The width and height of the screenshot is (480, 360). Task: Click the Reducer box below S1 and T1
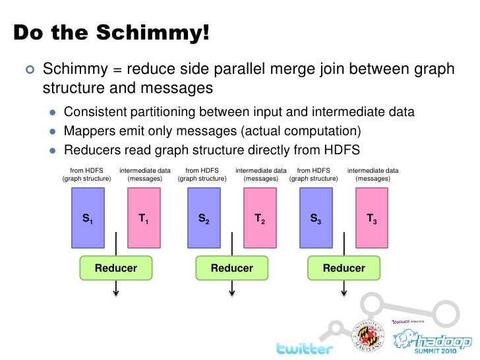[116, 268]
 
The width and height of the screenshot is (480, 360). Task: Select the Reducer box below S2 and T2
[231, 268]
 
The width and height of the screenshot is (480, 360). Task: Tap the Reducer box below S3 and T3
[344, 268]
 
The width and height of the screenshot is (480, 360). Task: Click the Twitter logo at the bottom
[304, 347]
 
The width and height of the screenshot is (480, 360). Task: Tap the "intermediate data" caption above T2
[261, 171]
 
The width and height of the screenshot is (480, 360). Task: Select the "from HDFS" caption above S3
[314, 171]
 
